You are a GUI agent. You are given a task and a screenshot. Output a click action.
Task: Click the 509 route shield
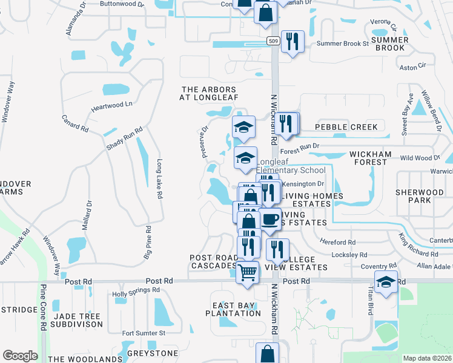point(273,41)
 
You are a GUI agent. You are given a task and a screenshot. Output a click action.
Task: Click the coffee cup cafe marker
point(269,219)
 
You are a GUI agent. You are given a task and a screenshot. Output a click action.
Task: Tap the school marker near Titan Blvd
point(386,283)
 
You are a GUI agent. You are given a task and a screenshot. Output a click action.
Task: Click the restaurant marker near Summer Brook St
point(293,42)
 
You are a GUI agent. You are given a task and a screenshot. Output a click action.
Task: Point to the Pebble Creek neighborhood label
point(346,127)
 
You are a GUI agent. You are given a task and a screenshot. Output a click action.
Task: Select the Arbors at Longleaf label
point(210,93)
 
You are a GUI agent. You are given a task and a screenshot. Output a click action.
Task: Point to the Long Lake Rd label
point(160,179)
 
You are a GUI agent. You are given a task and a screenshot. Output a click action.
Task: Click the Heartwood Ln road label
point(111,104)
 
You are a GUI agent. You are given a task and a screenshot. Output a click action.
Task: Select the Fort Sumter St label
point(144,333)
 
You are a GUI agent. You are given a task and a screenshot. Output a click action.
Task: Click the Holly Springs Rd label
point(136,294)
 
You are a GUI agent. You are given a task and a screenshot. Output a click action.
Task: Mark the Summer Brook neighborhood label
point(390,44)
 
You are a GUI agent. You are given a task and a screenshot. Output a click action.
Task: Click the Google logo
point(20,356)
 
